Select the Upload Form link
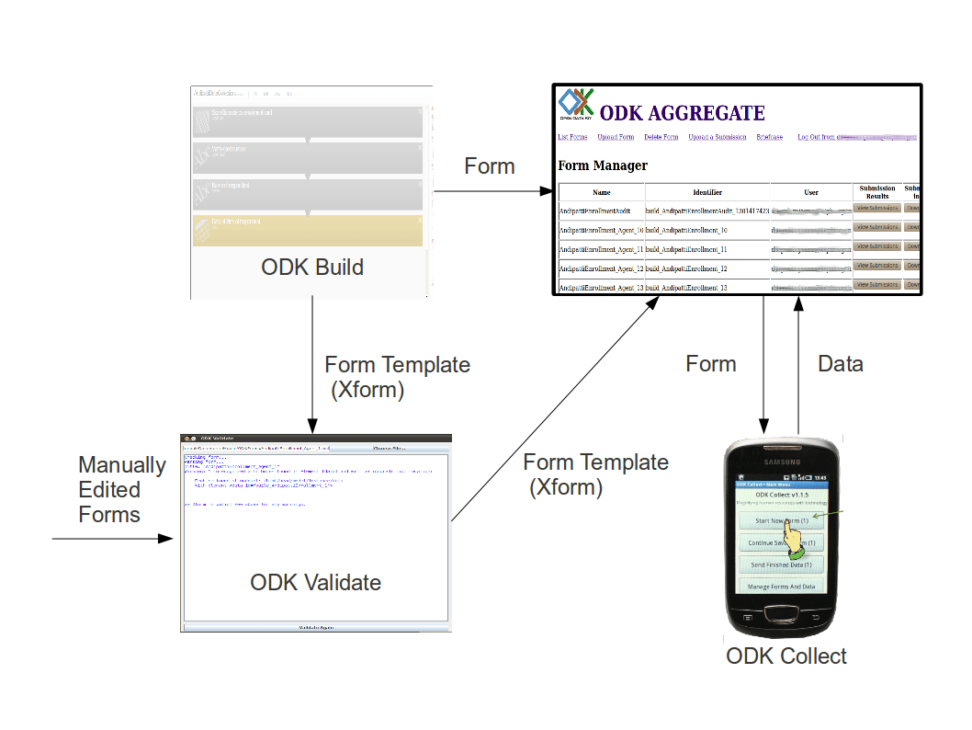(x=616, y=137)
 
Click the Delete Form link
(x=661, y=137)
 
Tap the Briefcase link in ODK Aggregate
(x=769, y=137)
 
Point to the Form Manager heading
(x=603, y=166)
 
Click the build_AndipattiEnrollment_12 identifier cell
(x=687, y=268)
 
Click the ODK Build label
(x=312, y=268)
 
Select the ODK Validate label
(x=315, y=582)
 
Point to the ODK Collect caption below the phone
(x=786, y=656)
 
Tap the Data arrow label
(x=841, y=364)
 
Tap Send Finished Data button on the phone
(x=782, y=565)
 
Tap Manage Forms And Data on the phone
(x=782, y=586)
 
